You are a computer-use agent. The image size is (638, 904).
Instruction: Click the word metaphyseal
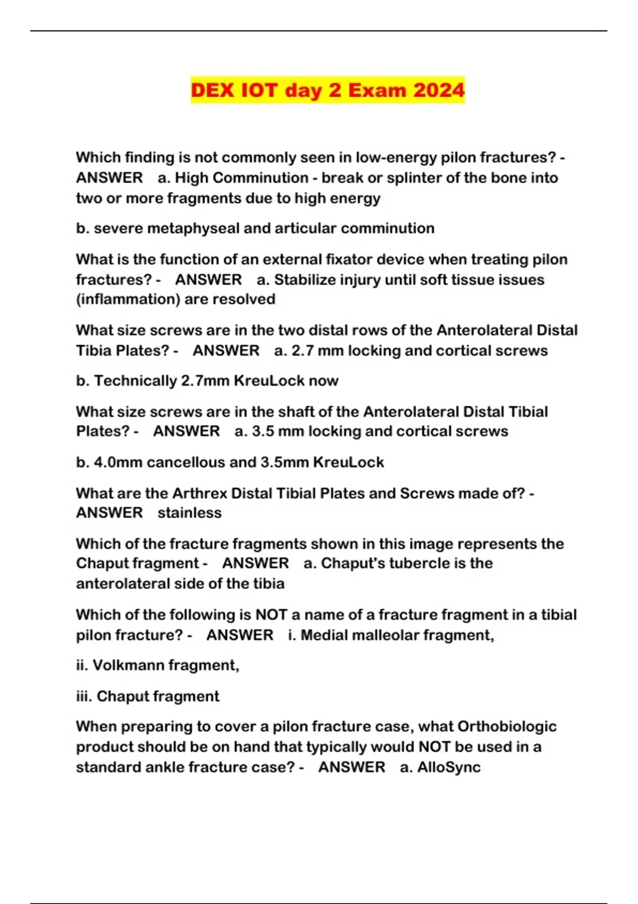click(193, 228)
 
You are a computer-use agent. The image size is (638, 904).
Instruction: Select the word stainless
click(189, 513)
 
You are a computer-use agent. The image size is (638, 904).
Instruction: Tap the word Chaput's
click(352, 563)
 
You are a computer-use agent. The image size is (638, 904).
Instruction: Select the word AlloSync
click(449, 767)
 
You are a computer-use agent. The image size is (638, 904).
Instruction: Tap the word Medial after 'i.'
click(326, 635)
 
